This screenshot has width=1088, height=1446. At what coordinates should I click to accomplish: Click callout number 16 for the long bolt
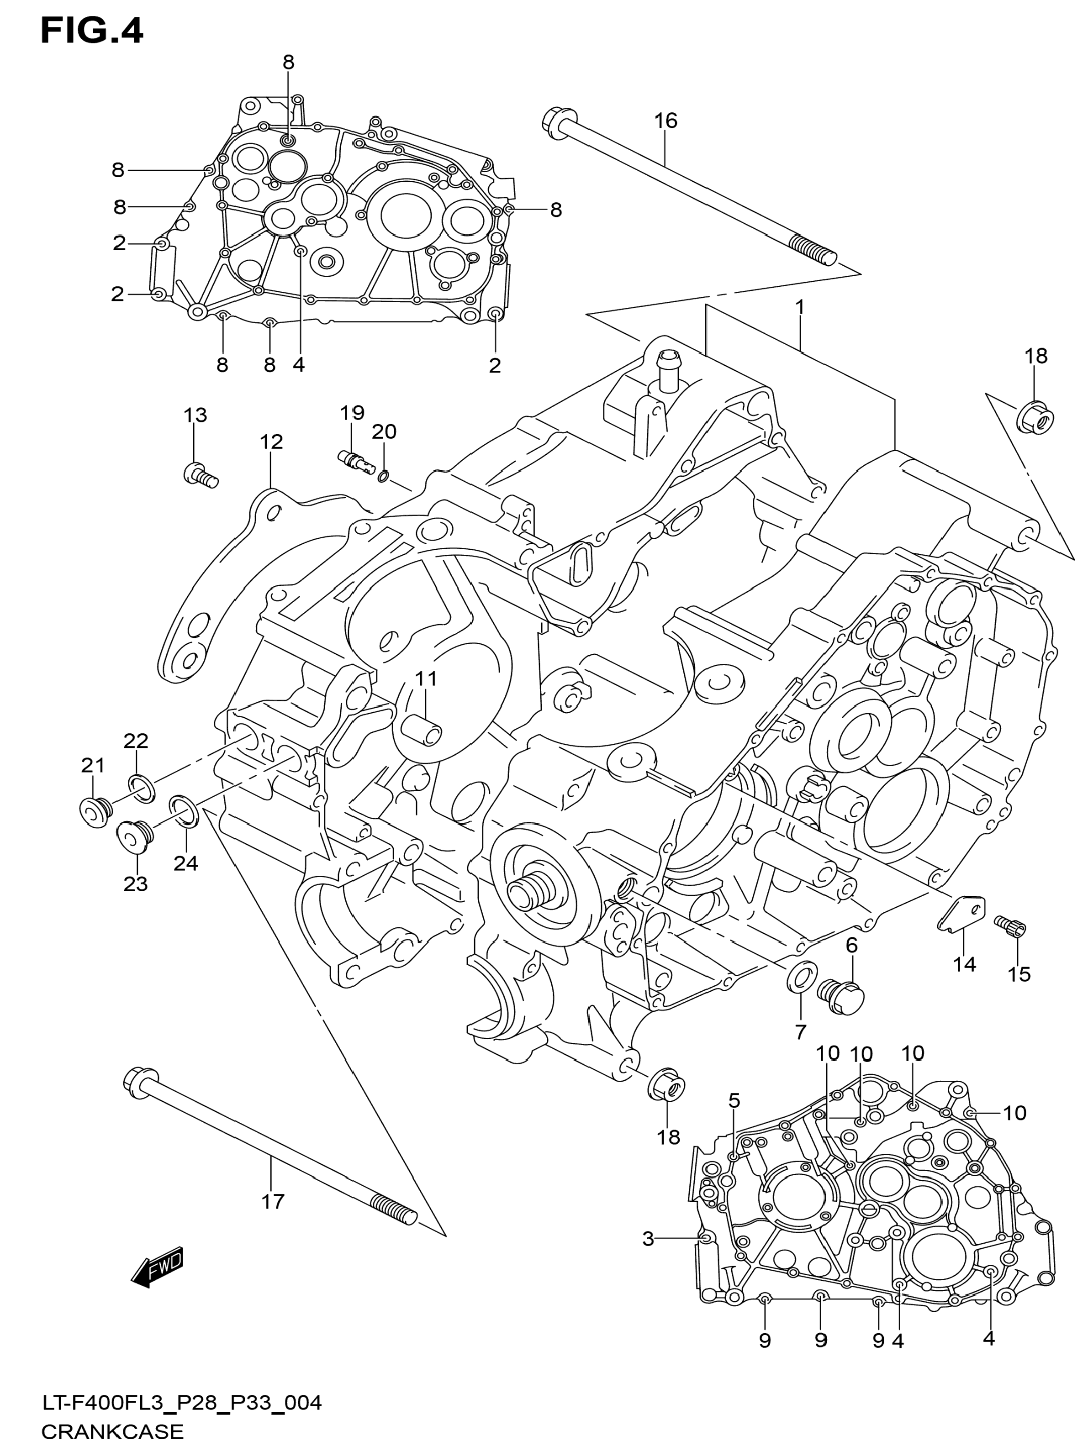tap(665, 121)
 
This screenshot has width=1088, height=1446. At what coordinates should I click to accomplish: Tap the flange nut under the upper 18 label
tap(1036, 417)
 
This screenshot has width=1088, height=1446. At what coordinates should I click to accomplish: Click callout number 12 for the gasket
tap(271, 442)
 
